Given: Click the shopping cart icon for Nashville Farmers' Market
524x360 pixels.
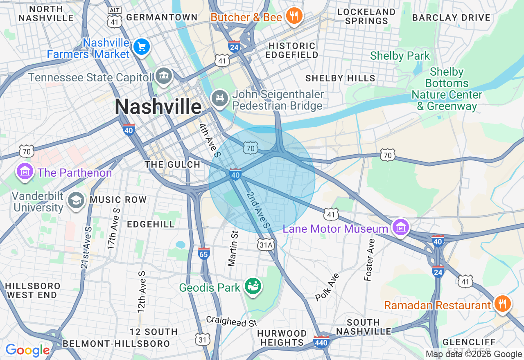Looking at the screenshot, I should pos(142,47).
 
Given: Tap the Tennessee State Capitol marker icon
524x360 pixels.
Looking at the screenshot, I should pos(163,76).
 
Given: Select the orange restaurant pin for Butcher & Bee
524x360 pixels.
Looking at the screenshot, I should pos(294,16).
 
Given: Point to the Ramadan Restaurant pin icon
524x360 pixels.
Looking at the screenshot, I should pos(502,304).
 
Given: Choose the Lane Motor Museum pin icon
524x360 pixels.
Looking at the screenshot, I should pos(400,227).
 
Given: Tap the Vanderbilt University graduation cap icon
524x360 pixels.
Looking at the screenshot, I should pos(76,200).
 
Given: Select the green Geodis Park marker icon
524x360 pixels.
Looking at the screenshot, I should pos(253,286).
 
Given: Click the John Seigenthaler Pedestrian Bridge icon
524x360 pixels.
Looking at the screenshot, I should pos(220,98).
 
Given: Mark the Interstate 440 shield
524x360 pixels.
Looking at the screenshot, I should pos(321,342).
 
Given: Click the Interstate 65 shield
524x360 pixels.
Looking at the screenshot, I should pos(203,254).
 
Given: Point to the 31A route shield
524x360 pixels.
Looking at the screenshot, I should pos(266,245).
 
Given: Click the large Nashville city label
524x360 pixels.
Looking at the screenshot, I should pos(158,107).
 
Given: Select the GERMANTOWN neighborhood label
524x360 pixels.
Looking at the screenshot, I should pos(162,17).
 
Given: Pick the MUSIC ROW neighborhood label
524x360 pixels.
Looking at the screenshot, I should pos(118,200).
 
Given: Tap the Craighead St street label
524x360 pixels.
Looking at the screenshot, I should pos(232,321).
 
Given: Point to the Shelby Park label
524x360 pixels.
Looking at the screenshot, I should pos(400,56).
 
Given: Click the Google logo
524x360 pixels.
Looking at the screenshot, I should pos(27,351).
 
